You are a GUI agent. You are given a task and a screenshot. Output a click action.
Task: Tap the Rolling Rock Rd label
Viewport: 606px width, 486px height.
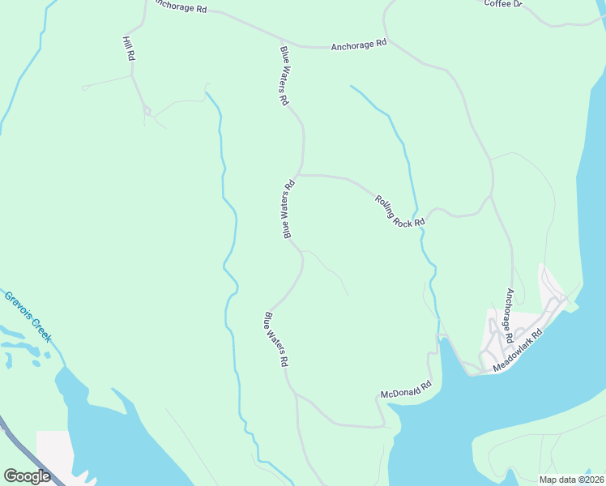click(399, 211)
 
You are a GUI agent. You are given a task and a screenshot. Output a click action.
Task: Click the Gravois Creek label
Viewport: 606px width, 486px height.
click(28, 315)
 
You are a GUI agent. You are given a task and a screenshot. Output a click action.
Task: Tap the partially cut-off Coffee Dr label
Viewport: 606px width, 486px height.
click(504, 4)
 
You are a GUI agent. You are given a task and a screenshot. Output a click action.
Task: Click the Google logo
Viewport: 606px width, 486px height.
click(27, 476)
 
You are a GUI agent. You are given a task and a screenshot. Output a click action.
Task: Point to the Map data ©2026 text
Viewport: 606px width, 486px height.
click(570, 480)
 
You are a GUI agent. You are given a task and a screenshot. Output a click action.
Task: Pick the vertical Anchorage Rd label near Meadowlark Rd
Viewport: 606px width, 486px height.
click(510, 314)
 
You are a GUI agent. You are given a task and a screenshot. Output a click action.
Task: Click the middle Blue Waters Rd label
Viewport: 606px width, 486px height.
click(288, 209)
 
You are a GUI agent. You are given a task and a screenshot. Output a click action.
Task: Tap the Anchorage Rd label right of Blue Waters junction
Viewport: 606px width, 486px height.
click(358, 45)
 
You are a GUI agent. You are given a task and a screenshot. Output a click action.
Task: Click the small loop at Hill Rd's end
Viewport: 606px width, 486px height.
click(147, 110)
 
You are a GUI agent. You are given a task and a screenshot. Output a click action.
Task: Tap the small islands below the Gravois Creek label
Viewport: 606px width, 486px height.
click(20, 350)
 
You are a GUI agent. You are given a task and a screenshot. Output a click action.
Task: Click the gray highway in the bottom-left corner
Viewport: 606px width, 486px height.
click(20, 446)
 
